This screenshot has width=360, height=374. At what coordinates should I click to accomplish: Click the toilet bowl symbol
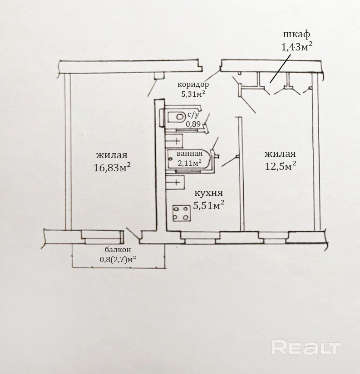pos(173,117)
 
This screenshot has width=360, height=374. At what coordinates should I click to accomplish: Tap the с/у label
pos(193,115)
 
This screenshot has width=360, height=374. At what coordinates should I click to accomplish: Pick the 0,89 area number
pos(193,124)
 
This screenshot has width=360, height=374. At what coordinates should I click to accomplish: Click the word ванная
pos(190,154)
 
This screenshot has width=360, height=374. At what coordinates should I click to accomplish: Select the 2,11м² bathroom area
pos(190,163)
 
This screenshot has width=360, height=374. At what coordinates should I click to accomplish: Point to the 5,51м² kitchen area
pos(209,205)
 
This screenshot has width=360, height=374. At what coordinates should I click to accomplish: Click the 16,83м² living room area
pos(112,167)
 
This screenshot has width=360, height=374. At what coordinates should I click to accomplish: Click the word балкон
pos(118,250)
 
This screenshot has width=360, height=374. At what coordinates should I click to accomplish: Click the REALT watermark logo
pos(306,349)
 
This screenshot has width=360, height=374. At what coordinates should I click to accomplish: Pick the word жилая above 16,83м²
pos(112,155)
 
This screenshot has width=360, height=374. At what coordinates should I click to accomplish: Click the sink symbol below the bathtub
pos(174,183)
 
